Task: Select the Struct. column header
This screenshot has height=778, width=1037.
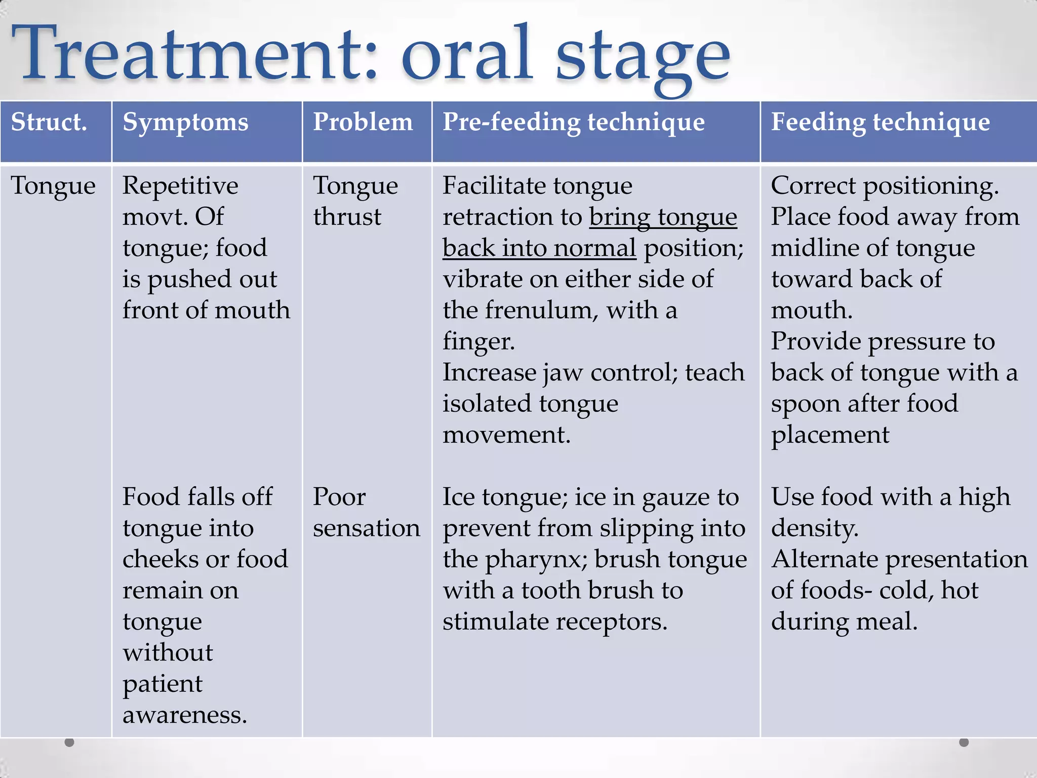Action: coord(49,122)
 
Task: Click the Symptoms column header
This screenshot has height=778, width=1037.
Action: coord(185,122)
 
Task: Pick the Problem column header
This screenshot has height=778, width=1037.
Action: coord(363,122)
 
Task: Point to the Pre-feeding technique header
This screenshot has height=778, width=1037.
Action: coord(573,122)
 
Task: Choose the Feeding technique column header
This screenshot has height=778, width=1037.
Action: coord(880,122)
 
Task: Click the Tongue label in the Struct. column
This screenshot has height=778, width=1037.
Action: coord(53,186)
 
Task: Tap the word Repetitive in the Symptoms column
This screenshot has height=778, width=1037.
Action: coord(180,185)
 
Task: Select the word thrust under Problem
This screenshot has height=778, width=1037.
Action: coord(347,217)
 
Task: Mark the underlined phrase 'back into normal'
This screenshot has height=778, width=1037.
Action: coord(539,248)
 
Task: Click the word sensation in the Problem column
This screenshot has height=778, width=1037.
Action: coord(366,528)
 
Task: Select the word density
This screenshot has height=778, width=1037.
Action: coord(814,528)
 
